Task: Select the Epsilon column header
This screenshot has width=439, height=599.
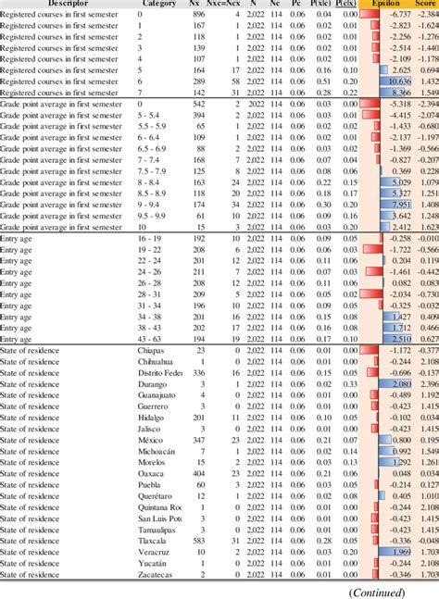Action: tap(385, 4)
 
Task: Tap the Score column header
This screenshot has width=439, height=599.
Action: tap(424, 4)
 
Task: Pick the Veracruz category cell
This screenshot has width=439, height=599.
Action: tap(155, 552)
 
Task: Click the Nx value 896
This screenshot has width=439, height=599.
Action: tap(197, 16)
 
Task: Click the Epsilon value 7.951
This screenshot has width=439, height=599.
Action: tap(400, 205)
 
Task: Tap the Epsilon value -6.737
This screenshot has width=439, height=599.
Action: tap(400, 16)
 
